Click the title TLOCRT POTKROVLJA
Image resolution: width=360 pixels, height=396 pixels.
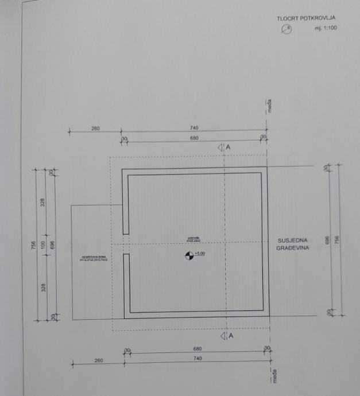[x=305, y=18]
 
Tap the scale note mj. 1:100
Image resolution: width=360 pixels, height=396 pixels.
[x=325, y=28]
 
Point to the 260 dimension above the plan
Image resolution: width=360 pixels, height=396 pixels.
[x=95, y=129]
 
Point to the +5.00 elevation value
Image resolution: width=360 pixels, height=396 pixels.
[x=200, y=253]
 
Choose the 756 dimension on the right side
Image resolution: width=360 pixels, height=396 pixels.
[x=337, y=241]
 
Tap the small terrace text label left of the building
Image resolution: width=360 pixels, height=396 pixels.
[x=95, y=259]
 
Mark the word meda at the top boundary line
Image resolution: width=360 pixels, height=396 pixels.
[x=269, y=106]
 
